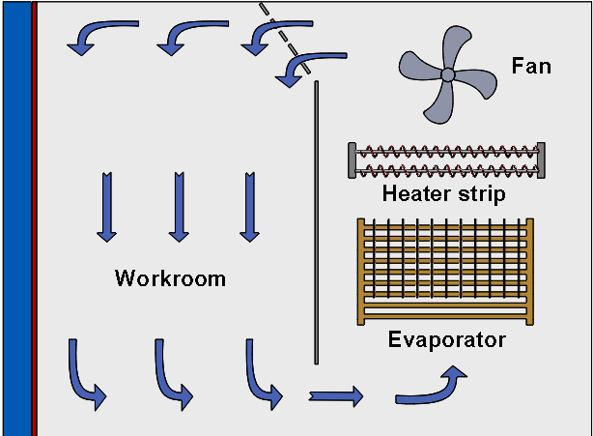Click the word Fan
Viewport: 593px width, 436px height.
tap(531, 67)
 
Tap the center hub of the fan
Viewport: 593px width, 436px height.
tap(447, 74)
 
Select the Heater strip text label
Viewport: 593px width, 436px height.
tap(443, 192)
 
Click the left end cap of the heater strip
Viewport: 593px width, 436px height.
tap(352, 160)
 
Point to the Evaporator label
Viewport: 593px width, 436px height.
tap(446, 340)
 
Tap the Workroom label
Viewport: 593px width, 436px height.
tap(170, 279)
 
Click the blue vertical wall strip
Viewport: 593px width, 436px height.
tap(16, 218)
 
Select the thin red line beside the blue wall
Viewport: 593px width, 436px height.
tap(34, 218)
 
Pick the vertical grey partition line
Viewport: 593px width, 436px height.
tap(316, 222)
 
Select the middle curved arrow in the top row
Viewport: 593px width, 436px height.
tap(180, 37)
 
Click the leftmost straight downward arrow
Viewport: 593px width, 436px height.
tap(107, 206)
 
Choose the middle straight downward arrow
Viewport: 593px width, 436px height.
tap(179, 206)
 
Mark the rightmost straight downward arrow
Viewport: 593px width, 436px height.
tap(250, 206)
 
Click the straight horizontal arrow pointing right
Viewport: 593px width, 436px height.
tap(335, 394)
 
